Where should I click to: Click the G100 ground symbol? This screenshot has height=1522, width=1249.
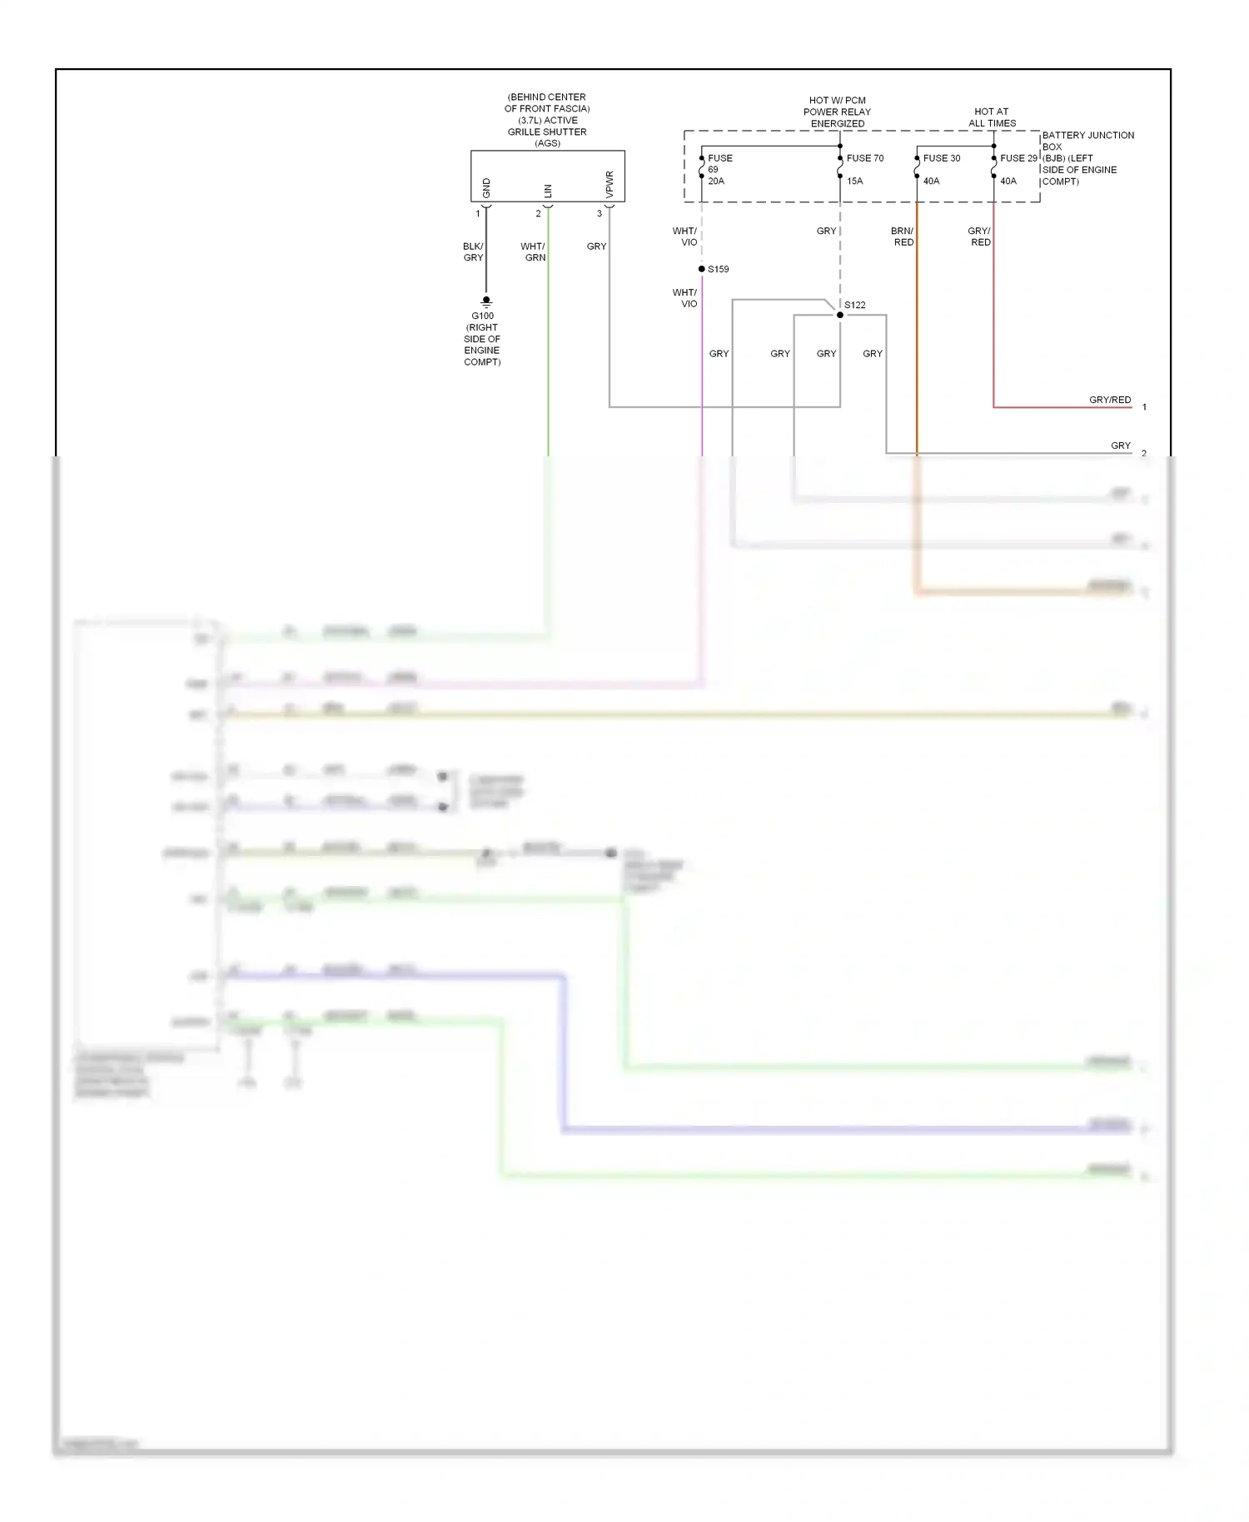point(486,301)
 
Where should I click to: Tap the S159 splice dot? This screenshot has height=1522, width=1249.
point(702,269)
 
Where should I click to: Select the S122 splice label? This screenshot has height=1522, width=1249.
point(855,305)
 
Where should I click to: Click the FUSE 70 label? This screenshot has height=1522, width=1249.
point(865,158)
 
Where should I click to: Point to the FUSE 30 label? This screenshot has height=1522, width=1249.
point(942,158)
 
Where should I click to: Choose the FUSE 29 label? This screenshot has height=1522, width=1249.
point(1018,158)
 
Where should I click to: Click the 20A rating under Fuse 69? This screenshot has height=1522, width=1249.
point(716,181)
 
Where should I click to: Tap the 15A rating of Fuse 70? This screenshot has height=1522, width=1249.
point(855,181)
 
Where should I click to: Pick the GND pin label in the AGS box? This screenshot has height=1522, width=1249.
point(487,188)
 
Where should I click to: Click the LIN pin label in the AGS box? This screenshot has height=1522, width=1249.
point(548,191)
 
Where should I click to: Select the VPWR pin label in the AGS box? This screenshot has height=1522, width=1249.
point(610,184)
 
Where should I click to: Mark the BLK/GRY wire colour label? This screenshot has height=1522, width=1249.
point(473,252)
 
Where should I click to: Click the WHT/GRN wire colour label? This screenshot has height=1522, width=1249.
point(533,252)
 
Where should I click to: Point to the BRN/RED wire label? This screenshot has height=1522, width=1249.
point(903,236)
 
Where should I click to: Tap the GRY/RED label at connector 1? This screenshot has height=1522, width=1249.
point(1110,400)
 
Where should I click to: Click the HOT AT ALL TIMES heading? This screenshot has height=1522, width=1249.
point(992,117)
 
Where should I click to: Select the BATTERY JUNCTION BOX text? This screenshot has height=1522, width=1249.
point(1087,141)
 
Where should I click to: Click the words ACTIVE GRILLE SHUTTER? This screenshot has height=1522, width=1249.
point(547,126)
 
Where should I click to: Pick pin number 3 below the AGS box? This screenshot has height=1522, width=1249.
point(600,214)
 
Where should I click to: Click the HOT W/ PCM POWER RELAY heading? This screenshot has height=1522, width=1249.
point(838,112)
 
